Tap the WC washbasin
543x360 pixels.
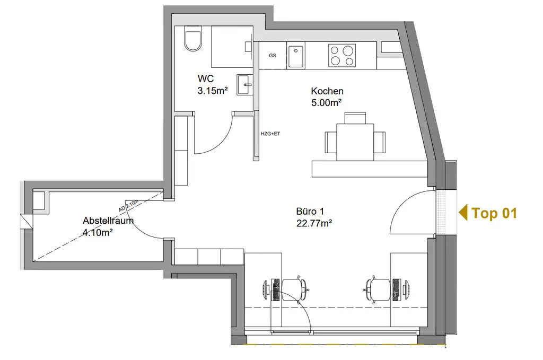click(x=246, y=84)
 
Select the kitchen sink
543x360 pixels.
click(x=296, y=56)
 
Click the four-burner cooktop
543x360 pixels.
click(x=342, y=55)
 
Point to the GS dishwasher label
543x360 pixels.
click(x=273, y=55)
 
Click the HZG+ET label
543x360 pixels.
click(x=270, y=134)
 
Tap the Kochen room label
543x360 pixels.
click(x=327, y=91)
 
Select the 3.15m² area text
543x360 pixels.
click(x=213, y=91)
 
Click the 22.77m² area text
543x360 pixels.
click(x=314, y=223)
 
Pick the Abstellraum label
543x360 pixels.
click(x=108, y=221)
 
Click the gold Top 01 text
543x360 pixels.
click(x=494, y=213)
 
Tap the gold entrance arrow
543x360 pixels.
click(x=463, y=213)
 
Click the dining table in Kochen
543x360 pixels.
click(x=355, y=142)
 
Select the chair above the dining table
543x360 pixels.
click(x=355, y=118)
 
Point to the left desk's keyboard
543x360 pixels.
click(x=276, y=289)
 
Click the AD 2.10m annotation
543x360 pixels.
click(x=128, y=206)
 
